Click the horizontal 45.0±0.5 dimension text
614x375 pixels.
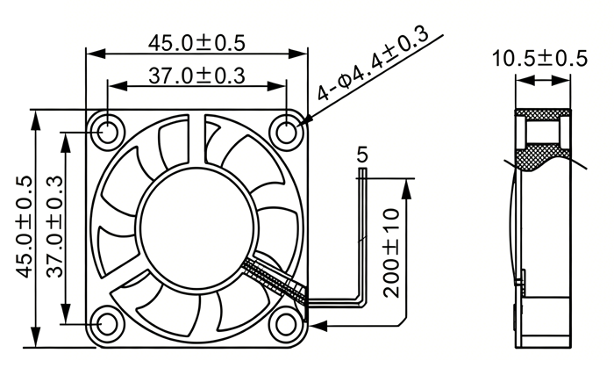pos(196,43)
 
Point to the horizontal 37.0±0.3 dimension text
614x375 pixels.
pos(196,76)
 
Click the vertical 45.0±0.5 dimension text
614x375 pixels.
pos(24,227)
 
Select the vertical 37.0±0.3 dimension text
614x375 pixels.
pos(54,227)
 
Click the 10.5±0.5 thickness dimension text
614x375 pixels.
pos(539,59)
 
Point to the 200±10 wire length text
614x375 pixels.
pos(391,253)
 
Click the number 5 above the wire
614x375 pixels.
pos(362,155)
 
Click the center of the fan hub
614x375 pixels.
pos(197,228)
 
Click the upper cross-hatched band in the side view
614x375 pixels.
pos(542,114)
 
